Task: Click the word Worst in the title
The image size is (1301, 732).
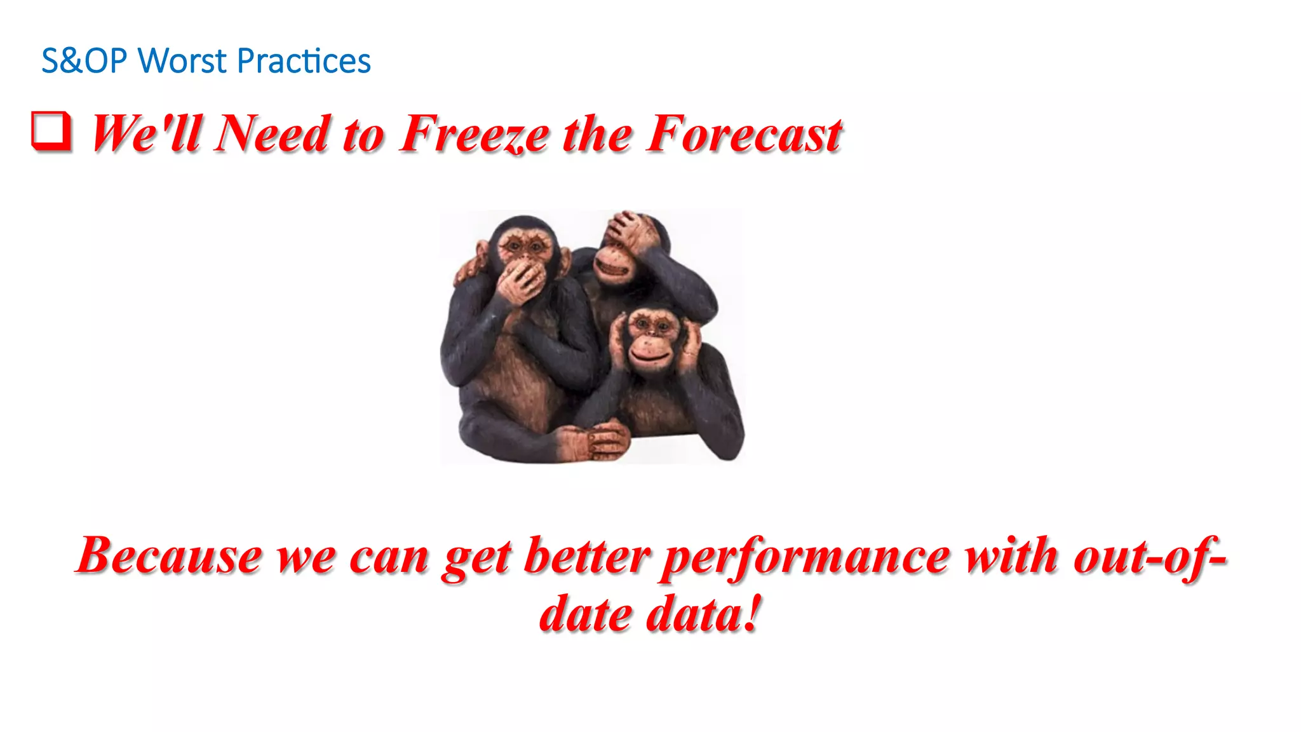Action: coord(182,62)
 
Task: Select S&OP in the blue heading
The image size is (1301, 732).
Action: coord(84,62)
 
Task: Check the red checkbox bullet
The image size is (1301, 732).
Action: coord(51,131)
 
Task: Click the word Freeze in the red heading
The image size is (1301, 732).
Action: coord(473,134)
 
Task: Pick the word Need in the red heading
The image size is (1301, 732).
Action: coord(272,134)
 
